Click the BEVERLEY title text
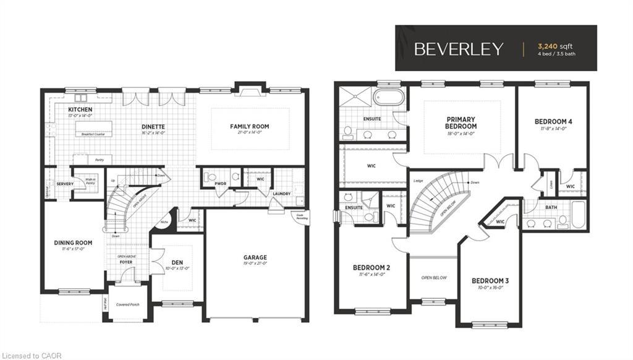pos(459,49)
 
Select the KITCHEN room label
pos(80,109)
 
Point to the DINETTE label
pos(153,126)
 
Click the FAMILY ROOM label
pos(250,126)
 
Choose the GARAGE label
pos(255,257)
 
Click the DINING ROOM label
pos(73,242)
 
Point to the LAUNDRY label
pos(281,194)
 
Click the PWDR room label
pos(221,184)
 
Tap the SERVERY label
pos(65,184)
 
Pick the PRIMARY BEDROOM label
pos(462,122)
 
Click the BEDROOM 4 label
pos(553,121)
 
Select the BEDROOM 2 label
pos(371,267)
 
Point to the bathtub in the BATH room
pos(578,215)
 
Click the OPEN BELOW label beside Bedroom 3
pos(434,278)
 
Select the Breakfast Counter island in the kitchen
pos(94,129)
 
